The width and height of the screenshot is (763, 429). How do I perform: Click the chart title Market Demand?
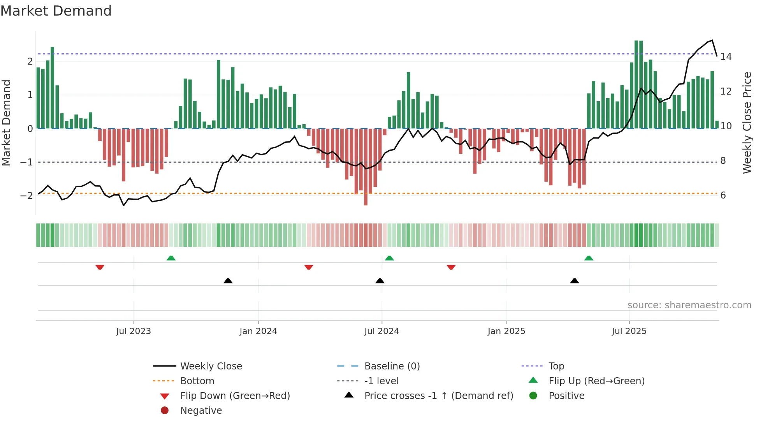[x=56, y=11]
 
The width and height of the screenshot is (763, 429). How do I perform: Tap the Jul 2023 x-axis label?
[x=133, y=331]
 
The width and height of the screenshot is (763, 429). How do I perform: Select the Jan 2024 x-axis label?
[x=258, y=331]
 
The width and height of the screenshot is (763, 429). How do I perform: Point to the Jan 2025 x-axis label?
[x=506, y=331]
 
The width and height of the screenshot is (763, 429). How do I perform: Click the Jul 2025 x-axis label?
[x=629, y=331]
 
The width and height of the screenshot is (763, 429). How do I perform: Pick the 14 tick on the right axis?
[x=726, y=57]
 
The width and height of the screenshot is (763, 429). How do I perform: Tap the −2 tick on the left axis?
[x=26, y=195]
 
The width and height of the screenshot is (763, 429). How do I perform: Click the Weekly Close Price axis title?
[x=747, y=123]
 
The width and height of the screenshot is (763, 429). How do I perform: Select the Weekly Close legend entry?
[x=211, y=366]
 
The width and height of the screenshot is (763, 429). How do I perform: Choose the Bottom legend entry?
[x=197, y=381]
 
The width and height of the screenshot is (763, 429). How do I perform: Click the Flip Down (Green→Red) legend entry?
[x=235, y=396]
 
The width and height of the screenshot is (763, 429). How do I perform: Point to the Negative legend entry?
[x=201, y=411]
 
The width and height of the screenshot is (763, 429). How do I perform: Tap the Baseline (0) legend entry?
[x=392, y=366]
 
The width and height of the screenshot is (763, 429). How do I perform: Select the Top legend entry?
[x=556, y=366]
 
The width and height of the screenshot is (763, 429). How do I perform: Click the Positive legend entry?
[x=566, y=396]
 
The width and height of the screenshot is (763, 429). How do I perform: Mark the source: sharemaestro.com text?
[x=689, y=305]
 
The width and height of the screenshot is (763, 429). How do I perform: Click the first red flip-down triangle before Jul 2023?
[x=100, y=267]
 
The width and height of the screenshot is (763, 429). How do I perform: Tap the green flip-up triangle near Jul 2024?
[x=389, y=258]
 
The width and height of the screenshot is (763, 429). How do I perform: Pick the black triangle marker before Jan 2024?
[x=228, y=281]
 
